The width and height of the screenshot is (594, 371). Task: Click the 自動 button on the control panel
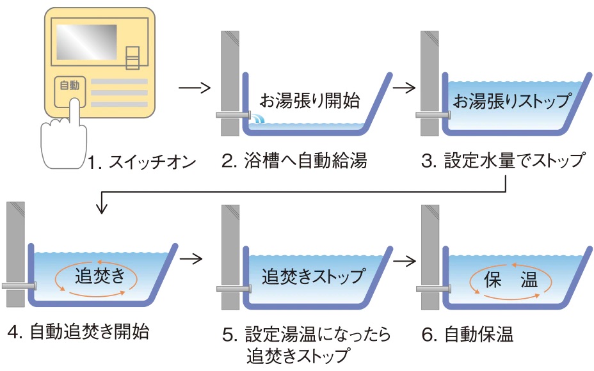(x=67, y=85)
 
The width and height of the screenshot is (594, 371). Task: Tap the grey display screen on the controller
(x=86, y=47)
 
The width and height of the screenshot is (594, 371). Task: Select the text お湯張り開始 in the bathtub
(x=311, y=100)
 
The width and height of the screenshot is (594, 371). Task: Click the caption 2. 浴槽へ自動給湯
(x=294, y=161)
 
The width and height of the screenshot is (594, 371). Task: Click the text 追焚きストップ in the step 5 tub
(x=314, y=277)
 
